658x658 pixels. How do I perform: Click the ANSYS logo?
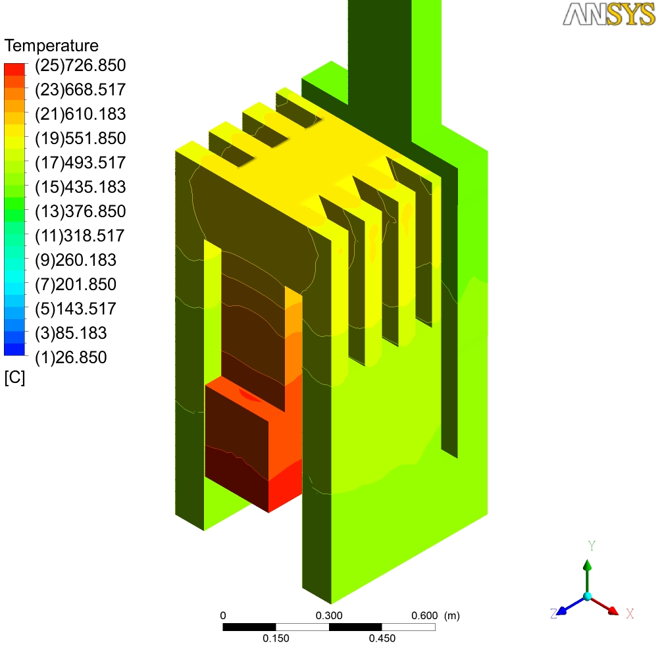(x=609, y=14)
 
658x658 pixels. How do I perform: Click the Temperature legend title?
(x=51, y=46)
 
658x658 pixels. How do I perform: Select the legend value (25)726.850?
(x=80, y=65)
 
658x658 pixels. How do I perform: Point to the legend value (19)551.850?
(x=80, y=138)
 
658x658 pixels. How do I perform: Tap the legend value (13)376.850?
(x=80, y=211)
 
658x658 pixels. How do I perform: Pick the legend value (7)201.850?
(x=76, y=284)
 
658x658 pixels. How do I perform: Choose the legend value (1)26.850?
(x=71, y=357)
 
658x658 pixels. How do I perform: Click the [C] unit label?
(x=14, y=377)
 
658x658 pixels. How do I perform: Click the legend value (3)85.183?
(x=71, y=333)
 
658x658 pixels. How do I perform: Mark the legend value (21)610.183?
(x=80, y=114)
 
